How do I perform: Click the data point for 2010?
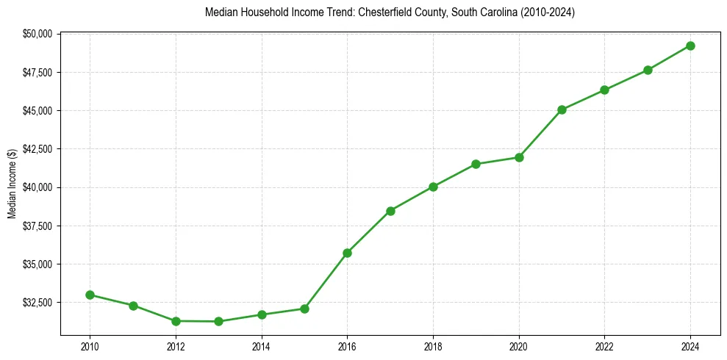click(x=90, y=295)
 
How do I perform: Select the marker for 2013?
click(x=218, y=321)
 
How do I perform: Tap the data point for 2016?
click(x=347, y=253)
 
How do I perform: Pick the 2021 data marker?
click(x=562, y=109)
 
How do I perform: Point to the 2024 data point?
click(x=690, y=46)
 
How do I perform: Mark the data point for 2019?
click(x=476, y=164)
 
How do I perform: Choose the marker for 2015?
click(x=304, y=309)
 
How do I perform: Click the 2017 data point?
click(x=390, y=211)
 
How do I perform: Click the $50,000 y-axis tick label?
click(x=37, y=34)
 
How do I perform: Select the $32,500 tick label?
click(x=37, y=302)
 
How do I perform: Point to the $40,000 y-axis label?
click(x=37, y=187)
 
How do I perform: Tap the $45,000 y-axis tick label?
click(x=37, y=110)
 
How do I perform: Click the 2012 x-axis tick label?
click(x=176, y=345)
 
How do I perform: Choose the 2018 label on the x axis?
click(x=433, y=345)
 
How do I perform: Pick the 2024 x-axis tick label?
click(x=690, y=345)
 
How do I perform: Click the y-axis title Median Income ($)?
click(x=12, y=184)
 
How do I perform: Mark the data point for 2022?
click(x=604, y=90)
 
